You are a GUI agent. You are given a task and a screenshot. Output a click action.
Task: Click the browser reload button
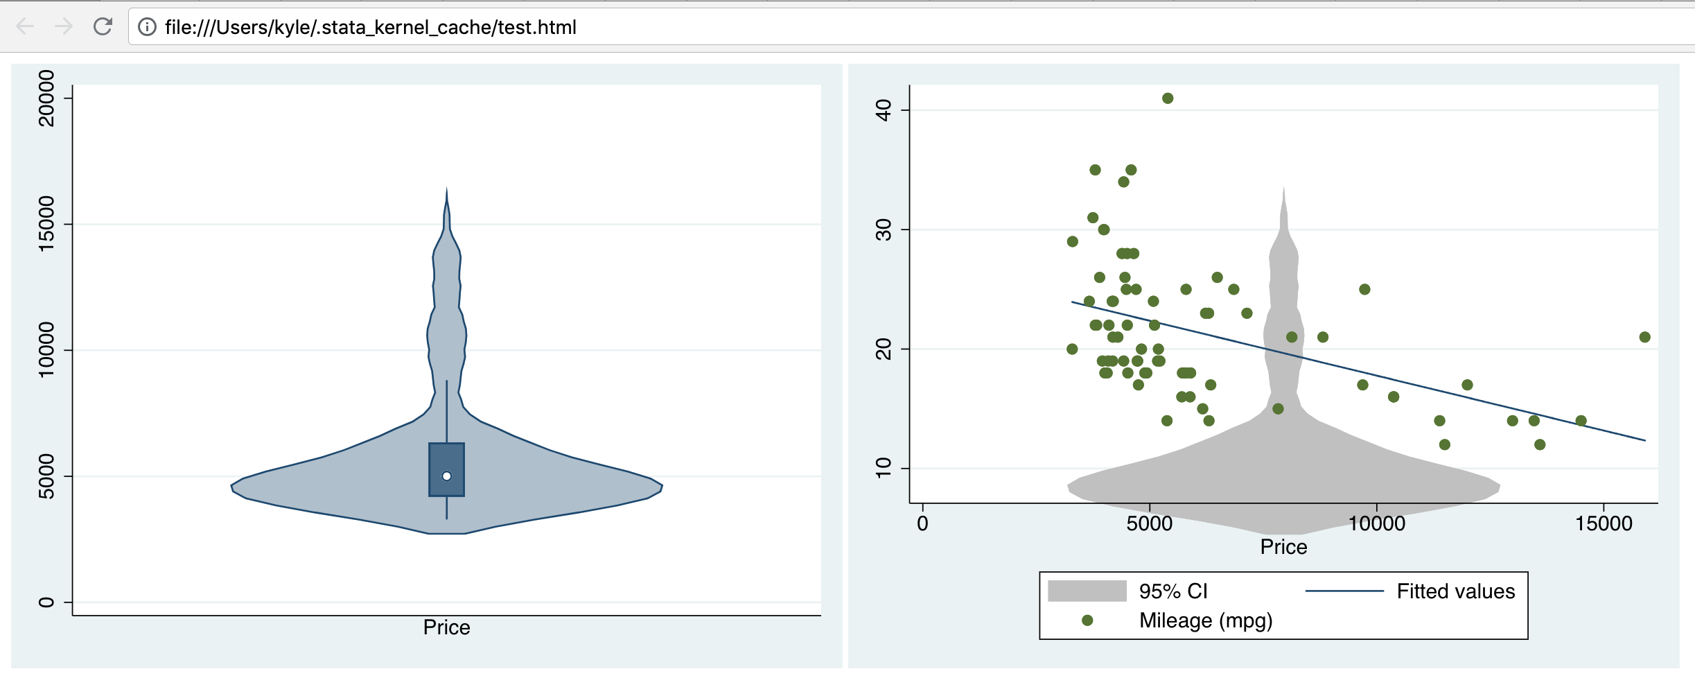[x=103, y=27]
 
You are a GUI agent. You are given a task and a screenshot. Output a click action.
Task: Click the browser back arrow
[x=25, y=27]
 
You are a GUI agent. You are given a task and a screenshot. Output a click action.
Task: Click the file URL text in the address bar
[x=370, y=27]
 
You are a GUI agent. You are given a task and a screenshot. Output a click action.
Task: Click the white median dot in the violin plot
[x=446, y=476]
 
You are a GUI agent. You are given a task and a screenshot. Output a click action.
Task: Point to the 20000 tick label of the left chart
[x=46, y=98]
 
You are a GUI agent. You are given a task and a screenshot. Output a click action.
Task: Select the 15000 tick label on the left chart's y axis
[x=46, y=224]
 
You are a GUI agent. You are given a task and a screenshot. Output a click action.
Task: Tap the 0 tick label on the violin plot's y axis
[x=46, y=602]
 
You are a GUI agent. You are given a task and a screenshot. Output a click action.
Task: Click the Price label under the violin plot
[x=446, y=627]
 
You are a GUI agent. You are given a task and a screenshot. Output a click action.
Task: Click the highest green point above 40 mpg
[x=1168, y=98]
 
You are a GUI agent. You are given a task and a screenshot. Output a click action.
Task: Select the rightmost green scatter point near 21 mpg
[x=1644, y=337]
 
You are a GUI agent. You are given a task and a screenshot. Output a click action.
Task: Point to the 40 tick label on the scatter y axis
[x=884, y=110]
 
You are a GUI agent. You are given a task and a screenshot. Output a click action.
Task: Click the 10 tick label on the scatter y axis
[x=884, y=468]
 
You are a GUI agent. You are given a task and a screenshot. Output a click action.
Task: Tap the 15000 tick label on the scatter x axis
[x=1604, y=523]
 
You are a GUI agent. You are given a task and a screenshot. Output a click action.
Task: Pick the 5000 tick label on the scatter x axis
[x=1149, y=523]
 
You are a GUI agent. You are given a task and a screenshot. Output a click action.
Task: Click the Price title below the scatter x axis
[x=1283, y=547]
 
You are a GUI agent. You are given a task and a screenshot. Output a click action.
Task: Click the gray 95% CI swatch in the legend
[x=1087, y=591]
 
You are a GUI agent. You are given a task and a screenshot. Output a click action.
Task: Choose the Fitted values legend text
[x=1455, y=591]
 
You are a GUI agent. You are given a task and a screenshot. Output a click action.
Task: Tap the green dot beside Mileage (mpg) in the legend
[x=1087, y=620]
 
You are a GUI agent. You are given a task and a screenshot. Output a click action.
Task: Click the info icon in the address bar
[x=147, y=27]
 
